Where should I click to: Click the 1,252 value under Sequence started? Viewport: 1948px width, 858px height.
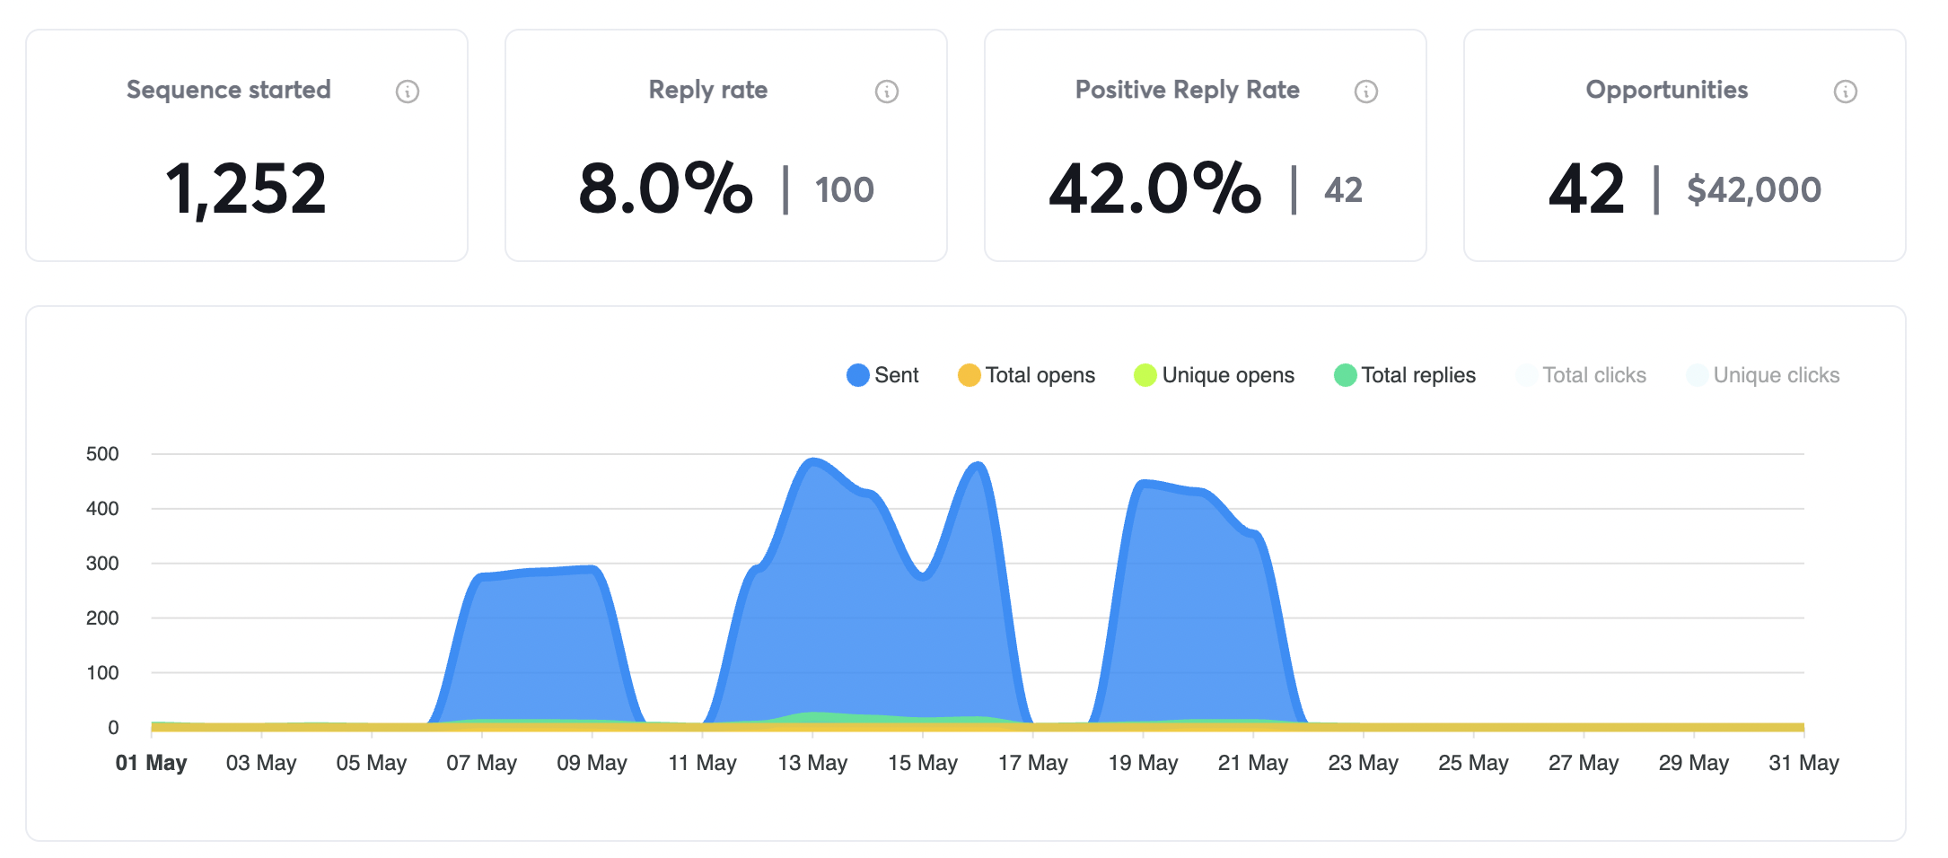pos(246,189)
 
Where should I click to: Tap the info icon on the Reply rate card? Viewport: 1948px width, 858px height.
pos(886,92)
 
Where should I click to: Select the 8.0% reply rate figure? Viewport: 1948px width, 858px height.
pos(665,189)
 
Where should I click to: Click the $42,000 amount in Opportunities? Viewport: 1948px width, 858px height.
pos(1753,190)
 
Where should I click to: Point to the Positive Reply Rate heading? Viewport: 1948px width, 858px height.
pos(1187,90)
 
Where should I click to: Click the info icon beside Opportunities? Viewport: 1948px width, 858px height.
pos(1845,92)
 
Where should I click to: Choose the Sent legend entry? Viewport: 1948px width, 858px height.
pos(883,375)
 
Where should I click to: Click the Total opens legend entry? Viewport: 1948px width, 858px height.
pos(1027,375)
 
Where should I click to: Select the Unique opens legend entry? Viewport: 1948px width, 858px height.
pos(1215,375)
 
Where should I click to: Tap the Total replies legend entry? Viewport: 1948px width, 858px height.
pos(1406,375)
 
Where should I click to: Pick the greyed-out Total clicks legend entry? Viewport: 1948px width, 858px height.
pos(1582,375)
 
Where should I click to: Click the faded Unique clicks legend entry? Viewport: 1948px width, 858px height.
pos(1764,375)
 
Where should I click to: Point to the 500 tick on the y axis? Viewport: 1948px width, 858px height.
pos(102,454)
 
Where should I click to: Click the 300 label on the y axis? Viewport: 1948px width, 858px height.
pos(102,564)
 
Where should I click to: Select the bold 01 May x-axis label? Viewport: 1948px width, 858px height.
pos(151,763)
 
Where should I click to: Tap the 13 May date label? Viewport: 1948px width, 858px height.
pos(812,763)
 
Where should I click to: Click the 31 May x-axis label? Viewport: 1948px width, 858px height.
pos(1803,763)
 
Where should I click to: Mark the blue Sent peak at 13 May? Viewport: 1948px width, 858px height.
pos(812,461)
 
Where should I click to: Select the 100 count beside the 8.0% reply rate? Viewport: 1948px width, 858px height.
pos(844,190)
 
